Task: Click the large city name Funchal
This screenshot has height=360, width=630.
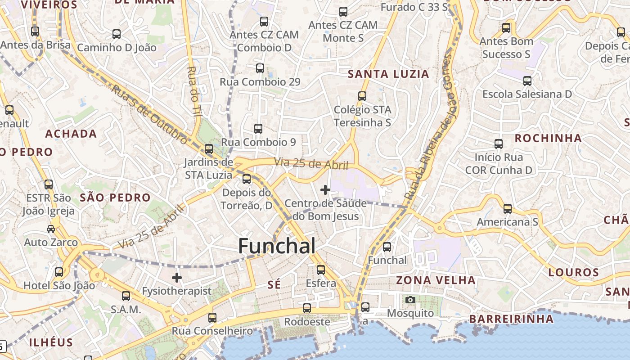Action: coord(276,246)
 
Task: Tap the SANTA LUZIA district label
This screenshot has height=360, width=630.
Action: coord(389,74)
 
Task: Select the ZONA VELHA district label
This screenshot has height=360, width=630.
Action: coord(436,280)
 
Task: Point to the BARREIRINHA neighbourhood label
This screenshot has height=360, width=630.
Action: coord(511,319)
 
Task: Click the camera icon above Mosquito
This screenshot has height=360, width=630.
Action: coord(410,300)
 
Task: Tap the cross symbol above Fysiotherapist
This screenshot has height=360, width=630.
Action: coord(177,278)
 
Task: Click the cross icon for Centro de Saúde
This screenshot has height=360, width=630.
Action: coord(325,190)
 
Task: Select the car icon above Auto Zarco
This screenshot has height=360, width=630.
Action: coord(51,229)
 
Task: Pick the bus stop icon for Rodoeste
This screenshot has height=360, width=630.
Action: coord(307,308)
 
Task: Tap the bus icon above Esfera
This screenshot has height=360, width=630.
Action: coord(321,270)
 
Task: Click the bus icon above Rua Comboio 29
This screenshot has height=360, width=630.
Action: coord(260,68)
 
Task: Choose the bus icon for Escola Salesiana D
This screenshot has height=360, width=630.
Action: coord(527,81)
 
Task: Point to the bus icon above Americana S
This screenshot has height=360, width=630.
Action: coord(508,209)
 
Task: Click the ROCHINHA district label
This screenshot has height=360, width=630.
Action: coord(548,138)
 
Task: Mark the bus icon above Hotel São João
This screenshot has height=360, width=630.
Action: coord(59,272)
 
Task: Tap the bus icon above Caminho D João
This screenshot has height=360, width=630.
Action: coord(117,34)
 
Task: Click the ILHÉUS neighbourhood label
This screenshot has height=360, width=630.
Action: coord(51,342)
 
